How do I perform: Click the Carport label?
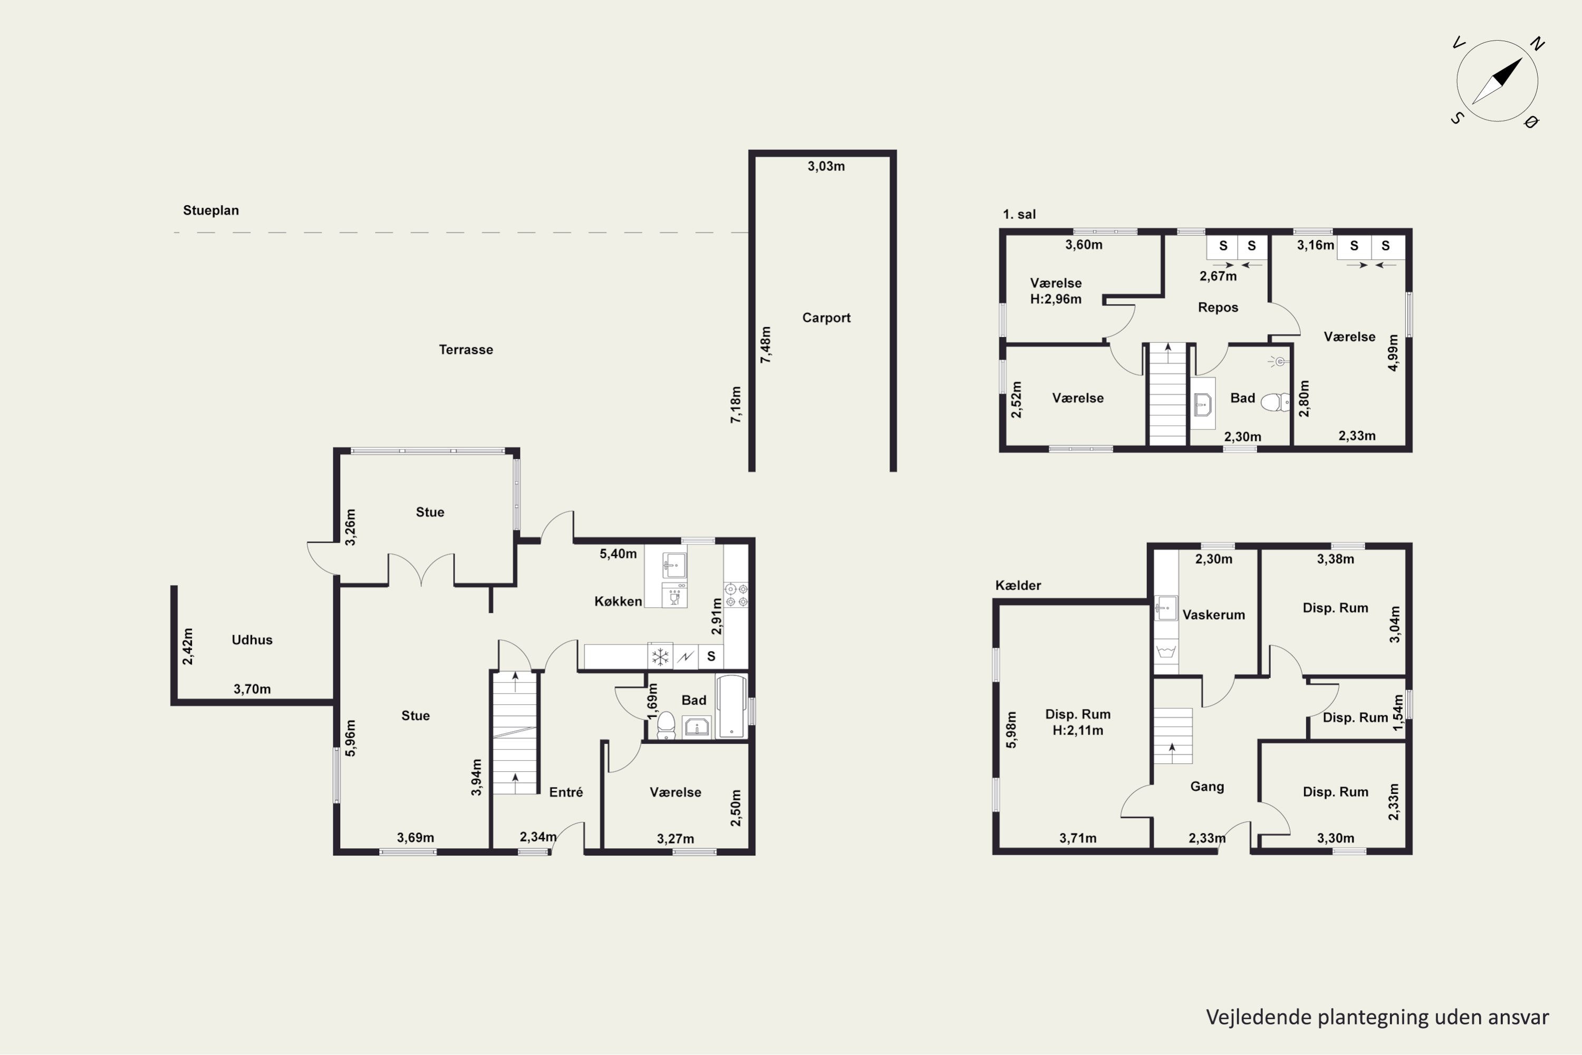click(826, 318)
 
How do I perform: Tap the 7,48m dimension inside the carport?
click(766, 345)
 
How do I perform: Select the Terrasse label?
click(466, 349)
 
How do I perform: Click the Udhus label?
click(252, 640)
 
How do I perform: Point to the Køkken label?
click(618, 601)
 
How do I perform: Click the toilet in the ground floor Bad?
click(666, 725)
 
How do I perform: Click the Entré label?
click(566, 792)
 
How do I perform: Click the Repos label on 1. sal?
click(1218, 308)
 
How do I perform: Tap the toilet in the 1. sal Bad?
click(1275, 402)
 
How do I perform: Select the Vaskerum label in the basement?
click(1214, 615)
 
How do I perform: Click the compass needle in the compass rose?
click(1497, 81)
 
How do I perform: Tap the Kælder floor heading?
click(1018, 586)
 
